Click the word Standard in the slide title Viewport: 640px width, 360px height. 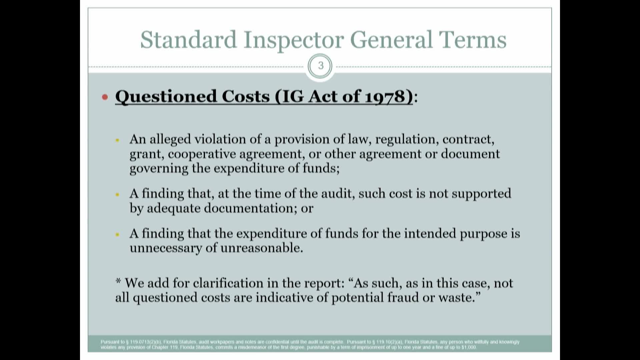[x=188, y=40]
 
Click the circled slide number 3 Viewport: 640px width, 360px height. [x=321, y=66]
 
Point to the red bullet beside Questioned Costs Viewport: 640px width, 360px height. [x=105, y=97]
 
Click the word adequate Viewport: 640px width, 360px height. [x=173, y=208]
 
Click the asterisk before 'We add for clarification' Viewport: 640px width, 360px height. [x=118, y=282]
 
